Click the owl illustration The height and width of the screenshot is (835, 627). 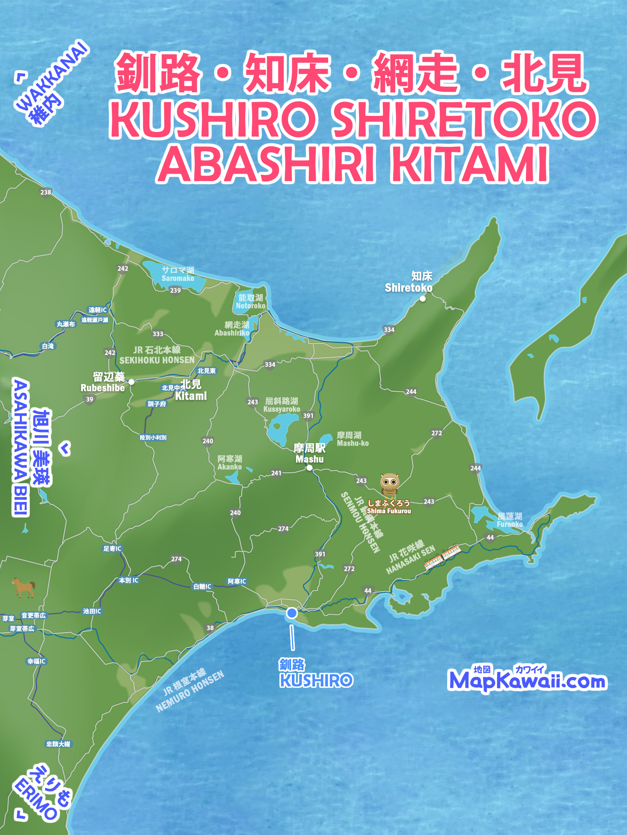coord(389,485)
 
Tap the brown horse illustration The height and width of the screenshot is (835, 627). coord(23,587)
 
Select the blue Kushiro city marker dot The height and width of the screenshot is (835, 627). coord(292,613)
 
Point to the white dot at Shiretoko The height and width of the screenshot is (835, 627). coord(423,299)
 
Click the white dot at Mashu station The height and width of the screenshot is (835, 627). coord(309,468)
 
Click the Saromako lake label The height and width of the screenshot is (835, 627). coord(178,274)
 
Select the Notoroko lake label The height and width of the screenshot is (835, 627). coord(250,302)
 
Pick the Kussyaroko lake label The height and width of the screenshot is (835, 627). coord(281,405)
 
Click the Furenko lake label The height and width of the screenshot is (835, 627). coord(510,520)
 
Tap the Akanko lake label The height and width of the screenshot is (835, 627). coord(230,462)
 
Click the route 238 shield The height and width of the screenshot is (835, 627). coord(46,192)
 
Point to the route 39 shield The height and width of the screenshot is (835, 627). coord(90,399)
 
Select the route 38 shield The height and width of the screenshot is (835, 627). coord(210,628)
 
